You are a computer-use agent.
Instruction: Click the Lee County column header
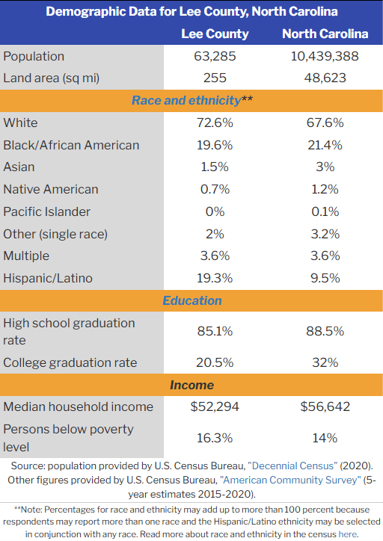pyautogui.click(x=215, y=34)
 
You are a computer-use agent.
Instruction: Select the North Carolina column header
pyautogui.click(x=325, y=34)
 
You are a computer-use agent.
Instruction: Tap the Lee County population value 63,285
pyautogui.click(x=215, y=56)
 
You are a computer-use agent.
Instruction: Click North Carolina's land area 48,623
pyautogui.click(x=325, y=78)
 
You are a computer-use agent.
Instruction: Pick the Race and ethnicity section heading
pyautogui.click(x=192, y=100)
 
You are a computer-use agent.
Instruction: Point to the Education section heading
pyautogui.click(x=192, y=300)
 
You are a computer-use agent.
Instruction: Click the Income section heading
pyautogui.click(x=192, y=385)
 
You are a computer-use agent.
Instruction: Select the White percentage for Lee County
pyautogui.click(x=215, y=123)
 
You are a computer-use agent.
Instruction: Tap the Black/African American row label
pyautogui.click(x=71, y=145)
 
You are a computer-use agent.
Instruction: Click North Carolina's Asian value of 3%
pyautogui.click(x=325, y=167)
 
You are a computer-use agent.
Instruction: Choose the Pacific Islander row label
pyautogui.click(x=46, y=212)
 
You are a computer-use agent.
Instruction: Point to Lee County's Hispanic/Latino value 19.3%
pyautogui.click(x=215, y=278)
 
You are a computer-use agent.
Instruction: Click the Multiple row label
pyautogui.click(x=26, y=256)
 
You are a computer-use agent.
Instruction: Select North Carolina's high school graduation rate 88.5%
pyautogui.click(x=325, y=331)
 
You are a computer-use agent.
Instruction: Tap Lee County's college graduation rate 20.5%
pyautogui.click(x=215, y=362)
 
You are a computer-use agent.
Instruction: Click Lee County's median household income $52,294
pyautogui.click(x=215, y=406)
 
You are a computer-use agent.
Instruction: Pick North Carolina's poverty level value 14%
pyautogui.click(x=325, y=438)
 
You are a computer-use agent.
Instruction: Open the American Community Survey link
pyautogui.click(x=290, y=480)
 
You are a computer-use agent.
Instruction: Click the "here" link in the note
pyautogui.click(x=347, y=534)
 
